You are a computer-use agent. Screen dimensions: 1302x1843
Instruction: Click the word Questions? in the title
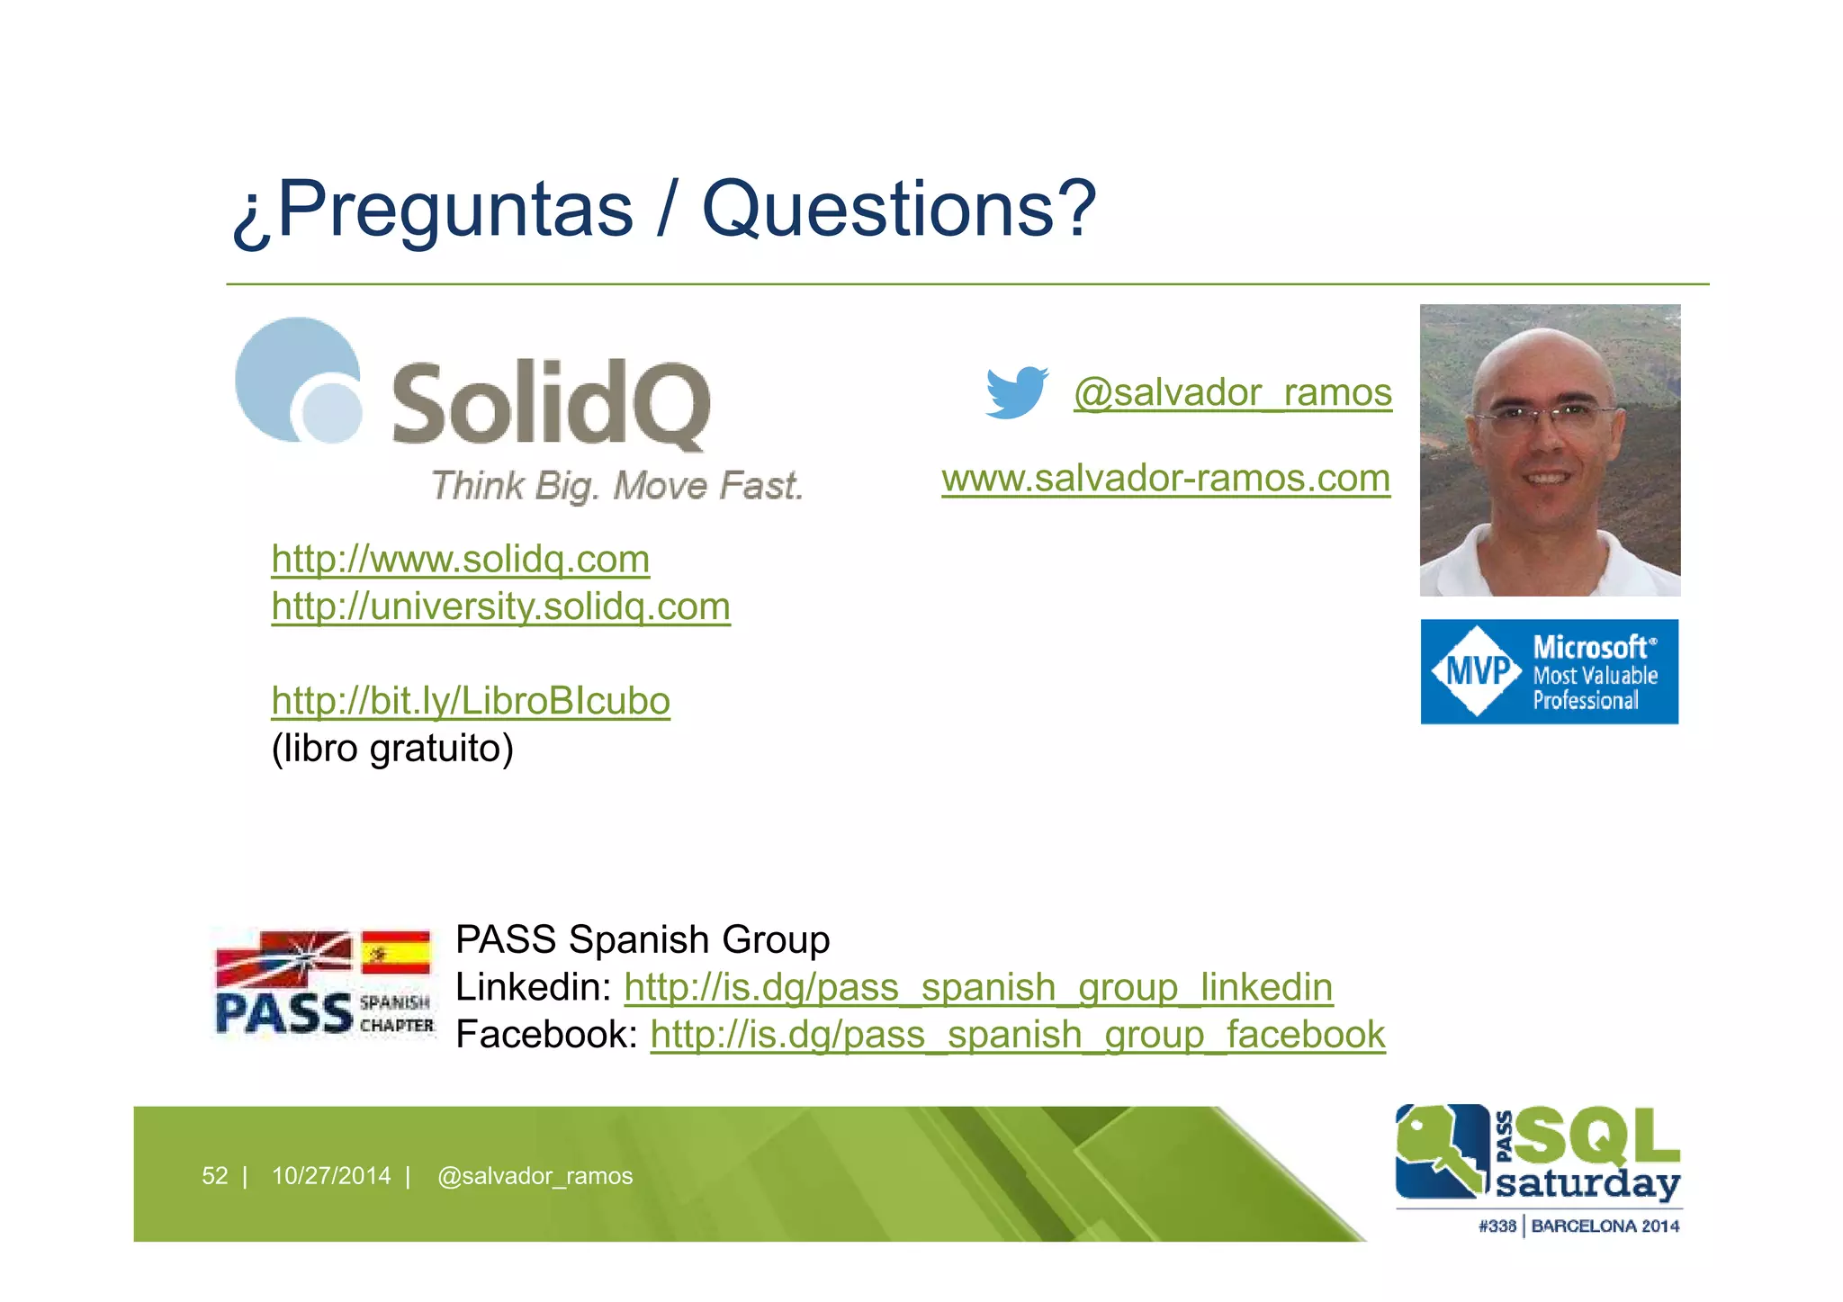tap(898, 209)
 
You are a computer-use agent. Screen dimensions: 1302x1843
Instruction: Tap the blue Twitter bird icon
tap(1016, 392)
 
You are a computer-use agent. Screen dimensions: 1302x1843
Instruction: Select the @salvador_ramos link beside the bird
tap(1232, 392)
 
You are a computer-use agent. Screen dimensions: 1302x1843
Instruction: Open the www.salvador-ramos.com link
tap(1165, 478)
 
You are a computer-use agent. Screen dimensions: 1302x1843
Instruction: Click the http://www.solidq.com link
tap(460, 559)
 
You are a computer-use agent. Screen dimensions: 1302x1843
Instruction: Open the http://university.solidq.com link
tap(500, 606)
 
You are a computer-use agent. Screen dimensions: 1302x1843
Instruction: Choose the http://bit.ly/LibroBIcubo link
tap(471, 701)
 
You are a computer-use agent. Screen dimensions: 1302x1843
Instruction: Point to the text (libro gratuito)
tap(392, 749)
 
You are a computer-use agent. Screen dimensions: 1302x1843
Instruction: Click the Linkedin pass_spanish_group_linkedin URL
tap(978, 987)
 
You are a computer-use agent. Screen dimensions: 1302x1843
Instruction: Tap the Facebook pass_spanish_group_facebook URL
tap(1017, 1035)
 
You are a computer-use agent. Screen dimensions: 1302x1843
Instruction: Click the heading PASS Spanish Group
tap(642, 939)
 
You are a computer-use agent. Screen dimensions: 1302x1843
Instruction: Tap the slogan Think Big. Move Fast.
tap(616, 486)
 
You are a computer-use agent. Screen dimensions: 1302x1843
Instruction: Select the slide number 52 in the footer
tap(214, 1176)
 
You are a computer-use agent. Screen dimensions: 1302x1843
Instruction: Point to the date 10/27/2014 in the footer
tap(331, 1176)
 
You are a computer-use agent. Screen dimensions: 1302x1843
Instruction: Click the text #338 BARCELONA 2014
tap(1578, 1226)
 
